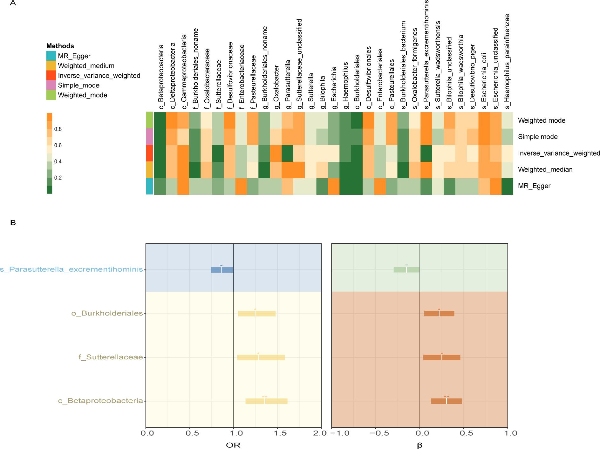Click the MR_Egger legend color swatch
tap(51, 56)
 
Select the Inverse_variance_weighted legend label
tap(99, 76)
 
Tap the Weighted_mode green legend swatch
tap(51, 95)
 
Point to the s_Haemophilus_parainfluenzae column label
tap(507, 62)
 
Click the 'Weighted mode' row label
tap(542, 120)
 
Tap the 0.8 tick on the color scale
tap(58, 129)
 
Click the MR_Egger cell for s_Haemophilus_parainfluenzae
tap(507, 186)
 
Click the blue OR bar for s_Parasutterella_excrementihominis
tap(222, 270)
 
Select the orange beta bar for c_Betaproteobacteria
tap(446, 401)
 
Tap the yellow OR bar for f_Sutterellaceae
tap(261, 357)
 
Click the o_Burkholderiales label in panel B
tap(107, 314)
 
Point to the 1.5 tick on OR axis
tap(277, 433)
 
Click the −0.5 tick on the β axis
tap(376, 433)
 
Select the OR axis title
tap(233, 445)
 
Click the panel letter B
tap(13, 223)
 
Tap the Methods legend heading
tap(60, 46)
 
